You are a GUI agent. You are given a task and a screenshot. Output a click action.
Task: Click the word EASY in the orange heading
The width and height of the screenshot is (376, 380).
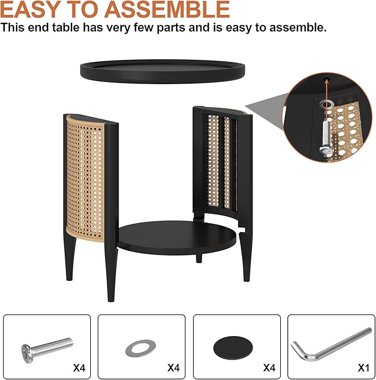pos(35,9)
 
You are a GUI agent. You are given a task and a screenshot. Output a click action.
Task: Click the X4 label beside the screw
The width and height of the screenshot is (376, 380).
pos(80,367)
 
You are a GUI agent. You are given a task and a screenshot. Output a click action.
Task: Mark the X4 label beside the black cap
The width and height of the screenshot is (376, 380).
pos(269,367)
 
